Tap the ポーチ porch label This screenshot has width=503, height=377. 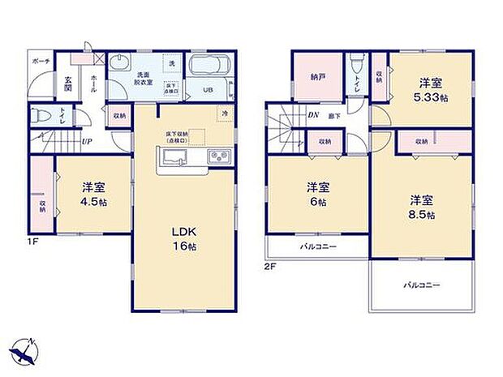pos(41,62)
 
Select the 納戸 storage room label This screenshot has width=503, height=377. pos(317,79)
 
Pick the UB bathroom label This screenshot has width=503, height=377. pos(207,91)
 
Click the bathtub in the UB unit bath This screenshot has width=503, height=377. pos(210,67)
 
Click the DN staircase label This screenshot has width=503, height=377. pos(312,115)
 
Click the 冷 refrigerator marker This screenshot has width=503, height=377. pos(224,115)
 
